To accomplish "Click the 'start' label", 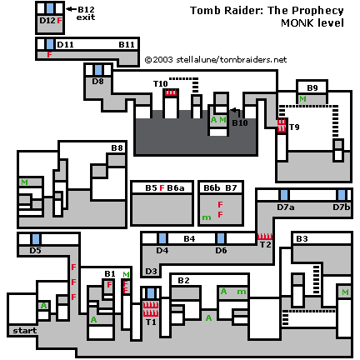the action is tap(25, 331).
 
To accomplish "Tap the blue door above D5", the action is tap(35, 239).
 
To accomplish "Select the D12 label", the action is tap(47, 20).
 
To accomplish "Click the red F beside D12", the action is tap(59, 20).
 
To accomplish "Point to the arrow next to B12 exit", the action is tap(72, 9).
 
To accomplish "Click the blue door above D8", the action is tap(97, 70).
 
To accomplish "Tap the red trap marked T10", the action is tap(171, 92).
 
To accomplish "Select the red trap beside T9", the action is tap(282, 126).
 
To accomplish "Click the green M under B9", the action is tap(302, 99).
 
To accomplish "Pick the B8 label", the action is tap(117, 147).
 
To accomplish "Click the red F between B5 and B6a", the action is tap(162, 188).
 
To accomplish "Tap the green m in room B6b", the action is tap(207, 217).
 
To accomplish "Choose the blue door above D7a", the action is tap(284, 195).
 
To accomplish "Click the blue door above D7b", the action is tap(342, 195).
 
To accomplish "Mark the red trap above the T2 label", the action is tap(265, 237).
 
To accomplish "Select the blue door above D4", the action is tap(162, 238).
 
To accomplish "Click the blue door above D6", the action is tap(221, 238).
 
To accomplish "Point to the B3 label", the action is tap(302, 239).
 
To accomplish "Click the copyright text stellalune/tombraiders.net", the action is tap(231, 60).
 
